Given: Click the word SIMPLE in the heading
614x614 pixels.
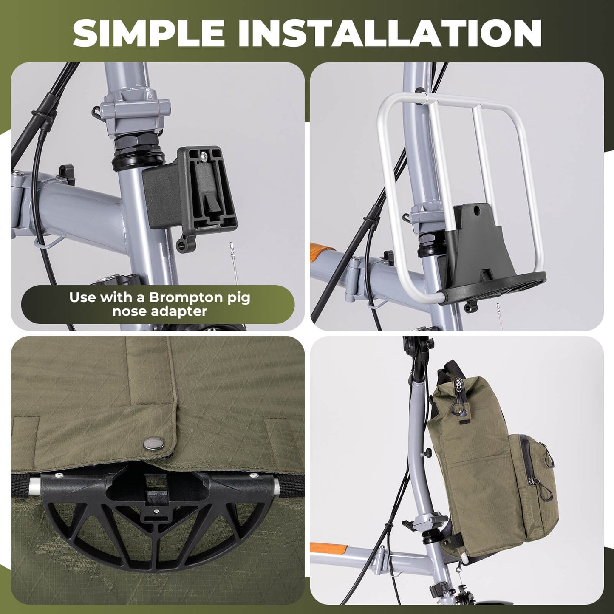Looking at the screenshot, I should click(149, 33).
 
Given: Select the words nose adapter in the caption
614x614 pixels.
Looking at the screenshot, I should click(160, 311).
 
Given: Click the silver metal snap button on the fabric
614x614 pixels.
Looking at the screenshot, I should click(154, 444).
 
